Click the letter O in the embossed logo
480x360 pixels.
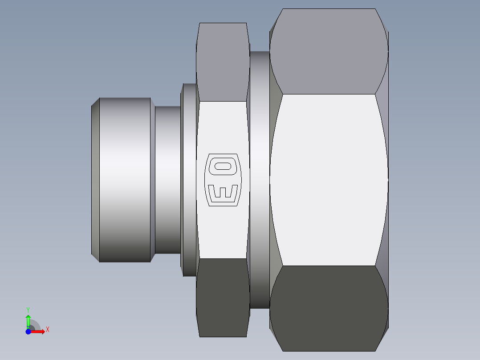(223, 167)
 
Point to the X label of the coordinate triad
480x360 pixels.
(47, 330)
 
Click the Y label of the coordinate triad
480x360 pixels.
(28, 309)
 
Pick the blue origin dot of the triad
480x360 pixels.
(28, 331)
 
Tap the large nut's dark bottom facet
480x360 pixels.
(328, 307)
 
